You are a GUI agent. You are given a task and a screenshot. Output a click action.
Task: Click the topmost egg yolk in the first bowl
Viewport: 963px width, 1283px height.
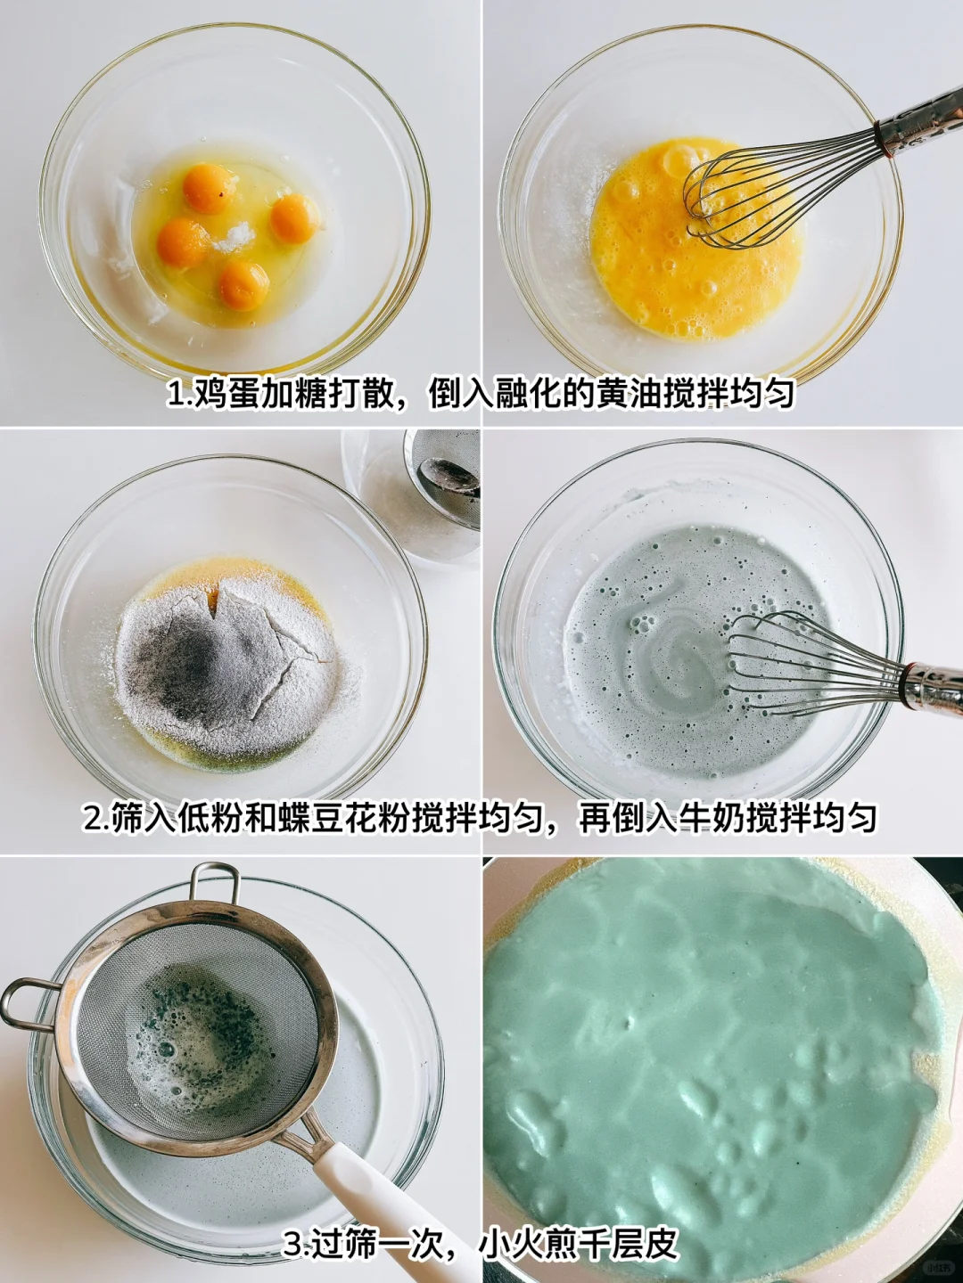coord(206,188)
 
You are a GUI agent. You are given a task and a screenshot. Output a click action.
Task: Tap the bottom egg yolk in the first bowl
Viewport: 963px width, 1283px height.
coord(244,285)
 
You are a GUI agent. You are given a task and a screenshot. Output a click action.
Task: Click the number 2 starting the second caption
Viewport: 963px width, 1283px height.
coord(93,818)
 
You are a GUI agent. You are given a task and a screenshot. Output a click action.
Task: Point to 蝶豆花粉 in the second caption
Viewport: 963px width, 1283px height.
coord(346,818)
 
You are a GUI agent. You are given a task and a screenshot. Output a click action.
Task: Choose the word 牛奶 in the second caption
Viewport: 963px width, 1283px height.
coord(713,818)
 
